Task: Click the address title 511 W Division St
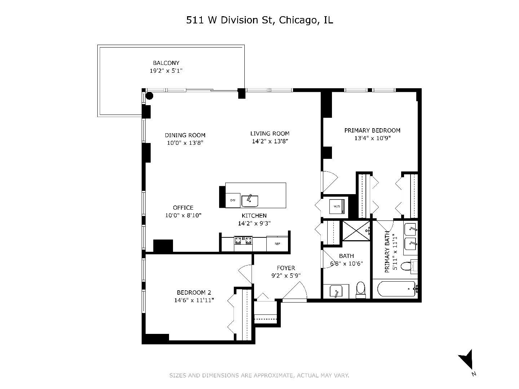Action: tap(259, 20)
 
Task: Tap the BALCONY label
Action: tap(166, 63)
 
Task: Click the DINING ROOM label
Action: tap(185, 135)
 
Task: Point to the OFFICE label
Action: tap(183, 208)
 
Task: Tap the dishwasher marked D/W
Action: tap(233, 200)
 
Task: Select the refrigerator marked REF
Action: tap(277, 244)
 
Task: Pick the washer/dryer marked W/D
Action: tap(337, 207)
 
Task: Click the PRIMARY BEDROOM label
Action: tap(372, 130)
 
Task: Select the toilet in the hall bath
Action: tap(360, 289)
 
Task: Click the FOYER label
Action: tap(286, 268)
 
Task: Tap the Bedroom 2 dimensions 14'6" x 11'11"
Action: tap(194, 300)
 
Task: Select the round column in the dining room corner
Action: tap(149, 96)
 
